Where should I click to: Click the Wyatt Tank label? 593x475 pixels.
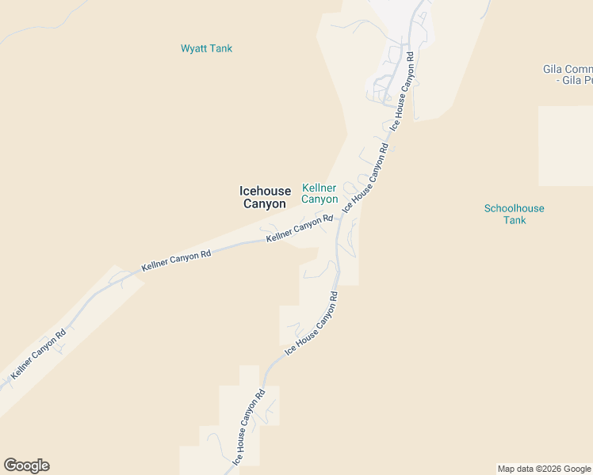click(x=206, y=48)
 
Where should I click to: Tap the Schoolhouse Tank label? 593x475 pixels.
click(x=515, y=214)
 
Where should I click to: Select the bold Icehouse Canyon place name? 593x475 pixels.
click(x=265, y=197)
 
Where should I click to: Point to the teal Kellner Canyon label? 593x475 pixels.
click(x=319, y=193)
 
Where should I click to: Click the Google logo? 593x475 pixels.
click(x=26, y=465)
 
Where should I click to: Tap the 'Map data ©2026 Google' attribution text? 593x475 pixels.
click(x=544, y=469)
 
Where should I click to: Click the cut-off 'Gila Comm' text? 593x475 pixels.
click(x=568, y=69)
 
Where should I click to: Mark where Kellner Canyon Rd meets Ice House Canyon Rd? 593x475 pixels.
click(x=339, y=217)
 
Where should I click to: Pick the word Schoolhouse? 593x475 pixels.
click(x=515, y=208)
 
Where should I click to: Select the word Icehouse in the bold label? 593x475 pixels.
click(x=265, y=191)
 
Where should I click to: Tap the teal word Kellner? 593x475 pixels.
click(x=319, y=188)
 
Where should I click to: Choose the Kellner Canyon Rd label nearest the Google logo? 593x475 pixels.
click(x=38, y=352)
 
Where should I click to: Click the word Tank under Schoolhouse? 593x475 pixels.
click(x=515, y=220)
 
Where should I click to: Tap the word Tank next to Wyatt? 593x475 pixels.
click(x=220, y=48)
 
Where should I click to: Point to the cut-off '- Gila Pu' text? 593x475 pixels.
click(x=574, y=80)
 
